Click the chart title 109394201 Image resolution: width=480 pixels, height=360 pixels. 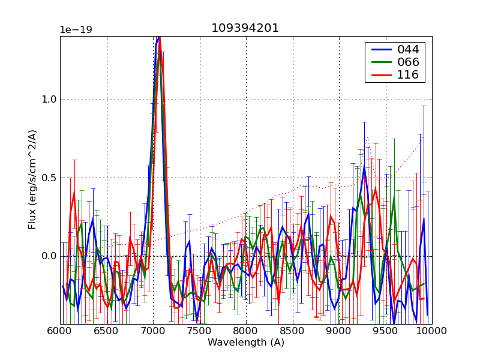point(245,28)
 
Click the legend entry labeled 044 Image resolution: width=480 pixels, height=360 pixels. point(407,49)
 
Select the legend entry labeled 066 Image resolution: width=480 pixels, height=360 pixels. point(407,62)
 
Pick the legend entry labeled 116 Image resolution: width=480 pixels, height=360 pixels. point(407,75)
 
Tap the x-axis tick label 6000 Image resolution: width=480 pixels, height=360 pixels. point(60,331)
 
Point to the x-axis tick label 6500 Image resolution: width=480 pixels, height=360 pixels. point(106,331)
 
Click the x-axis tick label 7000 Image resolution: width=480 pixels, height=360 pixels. point(153,331)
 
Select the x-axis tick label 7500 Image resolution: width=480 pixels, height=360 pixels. point(199,331)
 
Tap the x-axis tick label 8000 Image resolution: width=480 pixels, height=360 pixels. point(246,331)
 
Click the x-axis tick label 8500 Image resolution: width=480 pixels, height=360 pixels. point(292,331)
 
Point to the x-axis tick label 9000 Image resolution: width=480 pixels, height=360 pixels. point(339,331)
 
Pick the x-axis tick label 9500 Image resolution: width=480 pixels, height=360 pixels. point(385,331)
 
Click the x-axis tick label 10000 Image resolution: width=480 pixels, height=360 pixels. point(431,331)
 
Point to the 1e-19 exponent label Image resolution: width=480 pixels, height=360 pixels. point(76,30)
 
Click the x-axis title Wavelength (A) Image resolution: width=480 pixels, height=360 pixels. point(246,343)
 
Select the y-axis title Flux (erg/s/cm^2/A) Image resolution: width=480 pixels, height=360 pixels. point(32,180)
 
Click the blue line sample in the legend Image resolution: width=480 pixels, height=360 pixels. point(380,49)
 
